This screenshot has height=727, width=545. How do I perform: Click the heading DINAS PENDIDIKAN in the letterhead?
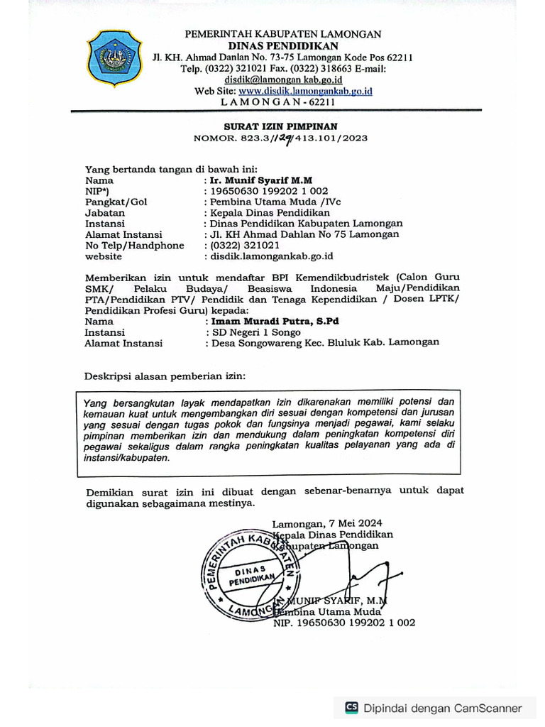(x=283, y=45)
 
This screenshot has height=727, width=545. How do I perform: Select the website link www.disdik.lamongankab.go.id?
(x=305, y=91)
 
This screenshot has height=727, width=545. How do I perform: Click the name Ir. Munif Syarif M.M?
(x=261, y=180)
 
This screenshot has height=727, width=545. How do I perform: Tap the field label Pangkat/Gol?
(x=116, y=202)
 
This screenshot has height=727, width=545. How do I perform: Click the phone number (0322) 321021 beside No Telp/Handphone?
(x=243, y=245)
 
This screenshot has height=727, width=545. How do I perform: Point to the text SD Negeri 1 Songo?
(x=253, y=332)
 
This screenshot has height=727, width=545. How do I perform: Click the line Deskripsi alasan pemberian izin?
(x=166, y=374)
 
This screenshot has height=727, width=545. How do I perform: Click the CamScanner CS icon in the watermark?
(x=351, y=707)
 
